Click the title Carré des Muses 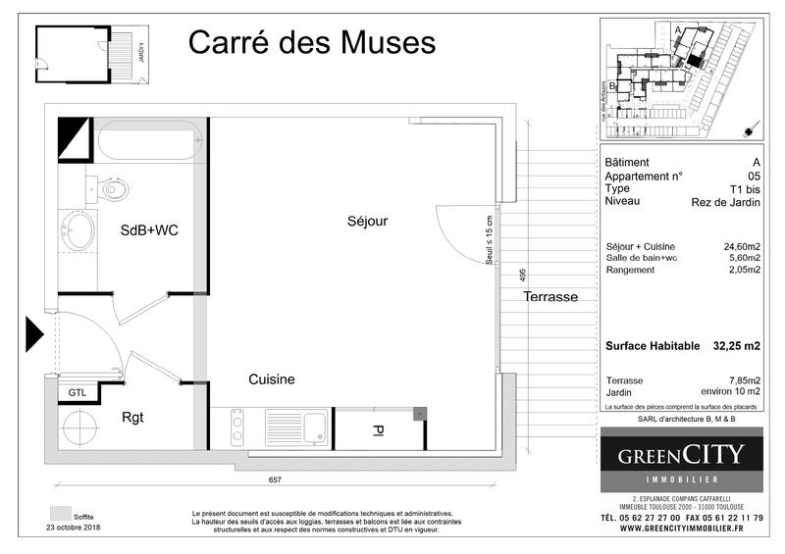(311, 43)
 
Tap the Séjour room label (367, 222)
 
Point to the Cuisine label (272, 379)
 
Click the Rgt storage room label (132, 417)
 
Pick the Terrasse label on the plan (549, 296)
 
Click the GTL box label (76, 392)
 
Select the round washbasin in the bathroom (78, 234)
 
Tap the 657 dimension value (276, 479)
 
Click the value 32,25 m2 (737, 345)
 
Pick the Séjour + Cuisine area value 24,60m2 (743, 247)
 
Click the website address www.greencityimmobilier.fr (681, 530)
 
